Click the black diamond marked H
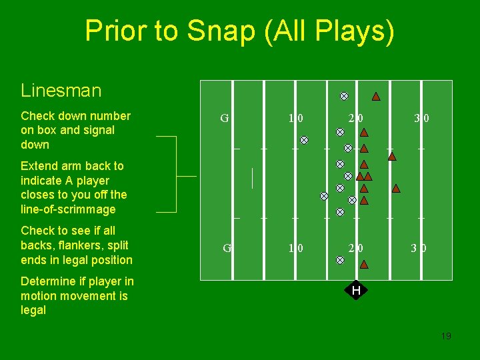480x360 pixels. (356, 290)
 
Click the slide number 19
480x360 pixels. (446, 336)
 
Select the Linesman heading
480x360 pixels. (61, 91)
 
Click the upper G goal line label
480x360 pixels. (225, 119)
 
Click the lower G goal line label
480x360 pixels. (227, 248)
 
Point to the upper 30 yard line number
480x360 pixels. (421, 119)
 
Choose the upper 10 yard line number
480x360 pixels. (295, 119)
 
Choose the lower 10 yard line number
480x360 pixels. (295, 248)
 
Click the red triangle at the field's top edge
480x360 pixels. (376, 97)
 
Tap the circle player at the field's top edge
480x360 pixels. (344, 96)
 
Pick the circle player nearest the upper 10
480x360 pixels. (304, 140)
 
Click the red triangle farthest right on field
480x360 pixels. (396, 189)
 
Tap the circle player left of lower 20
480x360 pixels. (340, 260)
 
